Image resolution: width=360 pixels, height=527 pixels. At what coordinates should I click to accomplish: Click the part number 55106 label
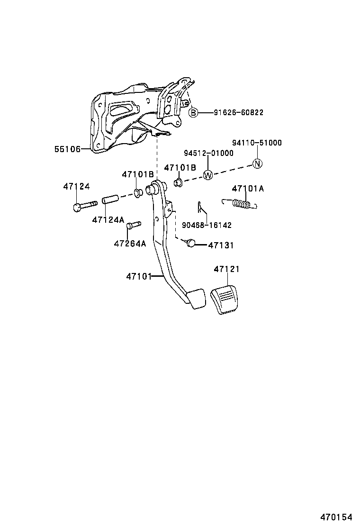(x=67, y=149)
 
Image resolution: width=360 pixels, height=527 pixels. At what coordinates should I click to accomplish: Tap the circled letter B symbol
(x=193, y=112)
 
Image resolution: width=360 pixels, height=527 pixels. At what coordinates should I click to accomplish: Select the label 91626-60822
(x=238, y=112)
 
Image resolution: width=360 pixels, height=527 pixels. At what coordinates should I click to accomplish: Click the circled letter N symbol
(x=257, y=164)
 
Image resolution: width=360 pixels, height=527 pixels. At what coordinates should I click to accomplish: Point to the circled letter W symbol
(x=207, y=175)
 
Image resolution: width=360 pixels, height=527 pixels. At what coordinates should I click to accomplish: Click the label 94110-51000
(x=257, y=143)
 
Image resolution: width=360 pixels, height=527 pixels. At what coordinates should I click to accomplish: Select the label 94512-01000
(x=209, y=153)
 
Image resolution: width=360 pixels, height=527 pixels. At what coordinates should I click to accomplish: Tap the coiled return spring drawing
(x=241, y=204)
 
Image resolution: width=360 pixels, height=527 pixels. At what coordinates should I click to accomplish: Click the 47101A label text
(x=248, y=189)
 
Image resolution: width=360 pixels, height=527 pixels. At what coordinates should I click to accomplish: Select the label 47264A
(x=130, y=244)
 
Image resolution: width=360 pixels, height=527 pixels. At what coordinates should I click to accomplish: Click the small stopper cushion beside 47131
(x=190, y=243)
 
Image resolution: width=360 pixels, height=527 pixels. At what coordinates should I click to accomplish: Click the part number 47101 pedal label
(x=138, y=276)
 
